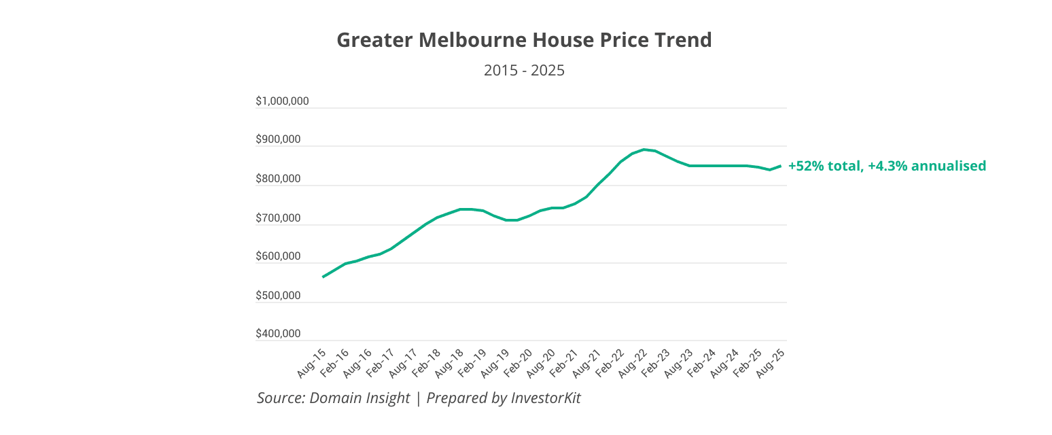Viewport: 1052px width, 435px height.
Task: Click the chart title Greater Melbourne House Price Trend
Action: (524, 40)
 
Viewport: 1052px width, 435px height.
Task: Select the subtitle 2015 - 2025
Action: (524, 70)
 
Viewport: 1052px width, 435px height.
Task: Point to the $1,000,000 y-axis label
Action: (282, 101)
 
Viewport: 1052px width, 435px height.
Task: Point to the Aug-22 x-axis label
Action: (633, 364)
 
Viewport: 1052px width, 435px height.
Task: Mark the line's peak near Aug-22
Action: (644, 150)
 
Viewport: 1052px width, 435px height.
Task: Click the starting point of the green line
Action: (323, 277)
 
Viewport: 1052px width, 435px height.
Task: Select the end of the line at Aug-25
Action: (780, 165)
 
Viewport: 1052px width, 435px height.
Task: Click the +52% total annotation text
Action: (825, 166)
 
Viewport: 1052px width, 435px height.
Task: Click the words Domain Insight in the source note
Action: (360, 398)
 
